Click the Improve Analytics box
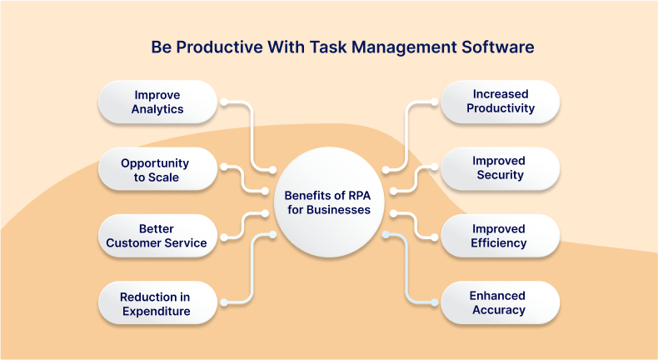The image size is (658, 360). tap(157, 102)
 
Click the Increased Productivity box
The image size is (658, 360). tap(500, 102)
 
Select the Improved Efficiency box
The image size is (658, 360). tap(499, 236)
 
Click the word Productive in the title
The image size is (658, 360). tap(214, 47)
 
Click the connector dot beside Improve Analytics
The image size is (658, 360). tap(222, 102)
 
